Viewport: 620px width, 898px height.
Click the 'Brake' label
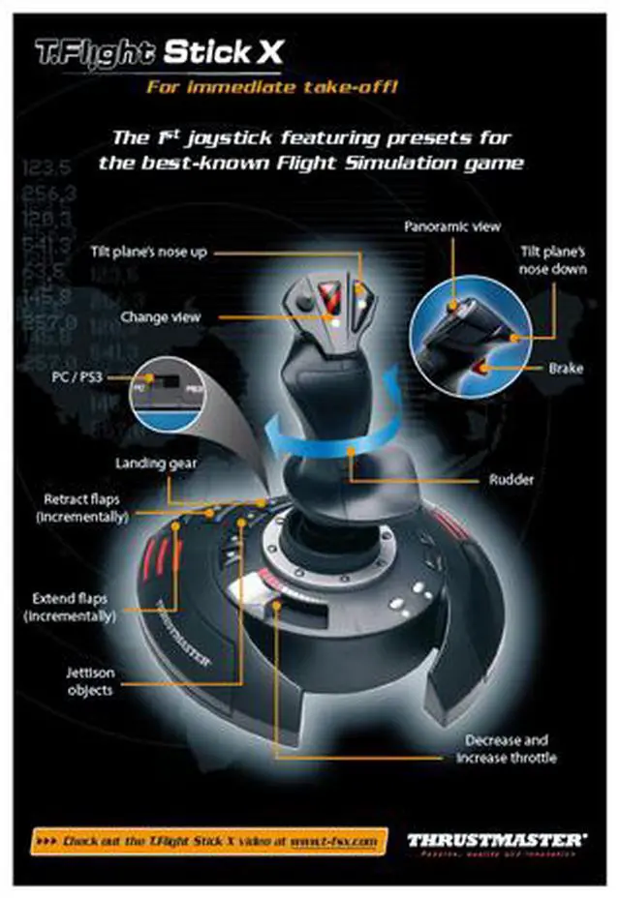point(565,369)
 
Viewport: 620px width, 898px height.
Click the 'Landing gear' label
point(156,463)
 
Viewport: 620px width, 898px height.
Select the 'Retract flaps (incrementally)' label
point(82,508)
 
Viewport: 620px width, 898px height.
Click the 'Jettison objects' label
point(89,682)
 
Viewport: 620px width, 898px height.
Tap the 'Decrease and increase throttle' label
point(507,749)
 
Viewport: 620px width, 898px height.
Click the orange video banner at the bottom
point(210,840)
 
